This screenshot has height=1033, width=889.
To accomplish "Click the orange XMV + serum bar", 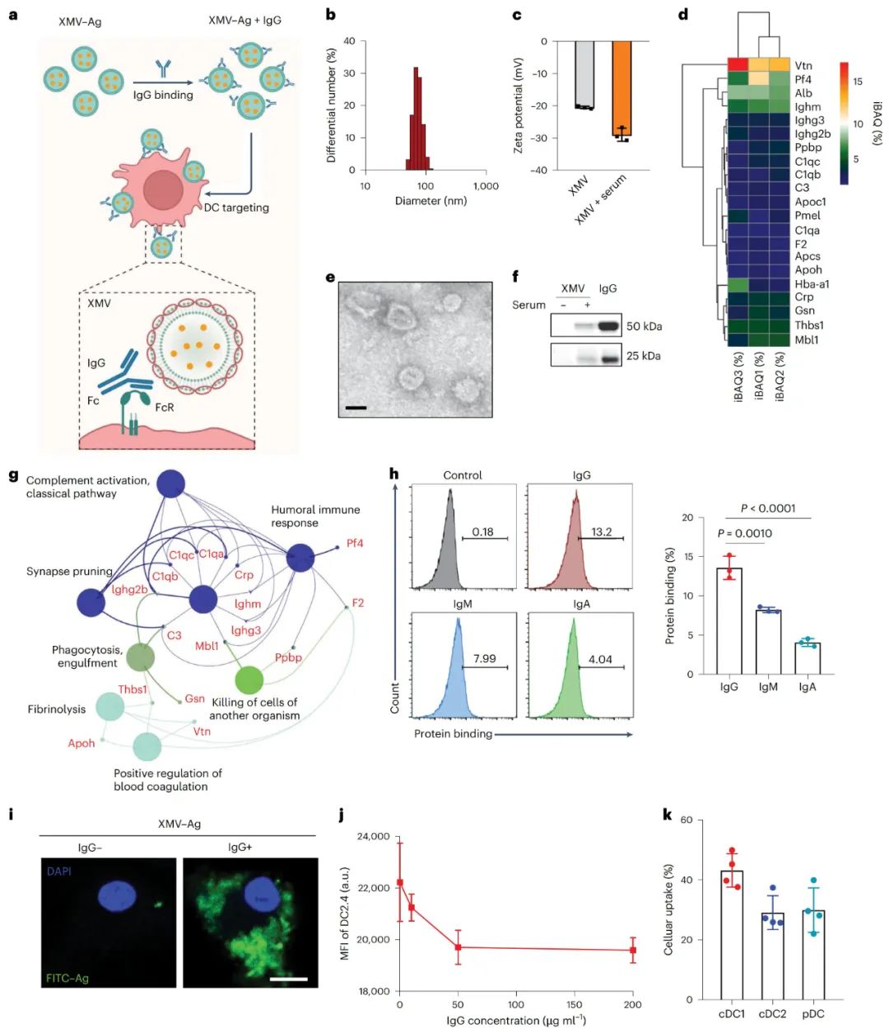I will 621,88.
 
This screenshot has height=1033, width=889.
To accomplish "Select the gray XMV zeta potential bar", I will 584,74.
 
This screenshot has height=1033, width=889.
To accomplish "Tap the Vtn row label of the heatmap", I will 803,66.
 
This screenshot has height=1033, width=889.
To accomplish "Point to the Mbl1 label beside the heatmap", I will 807,339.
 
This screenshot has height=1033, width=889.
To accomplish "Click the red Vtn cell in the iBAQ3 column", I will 738,65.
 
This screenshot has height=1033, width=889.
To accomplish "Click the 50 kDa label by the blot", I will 644,326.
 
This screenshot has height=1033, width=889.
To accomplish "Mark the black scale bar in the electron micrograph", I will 356,407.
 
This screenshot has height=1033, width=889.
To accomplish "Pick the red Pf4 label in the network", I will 355,544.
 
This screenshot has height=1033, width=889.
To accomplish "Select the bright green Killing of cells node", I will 249,680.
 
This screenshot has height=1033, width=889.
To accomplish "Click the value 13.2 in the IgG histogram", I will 602,531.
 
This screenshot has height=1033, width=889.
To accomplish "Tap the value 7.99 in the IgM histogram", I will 485,658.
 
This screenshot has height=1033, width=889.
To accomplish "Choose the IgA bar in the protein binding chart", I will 808,658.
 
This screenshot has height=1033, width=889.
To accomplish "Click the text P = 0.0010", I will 744,533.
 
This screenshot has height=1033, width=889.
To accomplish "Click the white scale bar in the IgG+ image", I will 288,979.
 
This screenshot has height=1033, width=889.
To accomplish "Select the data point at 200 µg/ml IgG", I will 633,950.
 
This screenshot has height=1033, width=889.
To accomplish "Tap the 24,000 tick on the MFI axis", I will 373,837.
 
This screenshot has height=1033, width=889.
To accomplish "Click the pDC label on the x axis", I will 813,1014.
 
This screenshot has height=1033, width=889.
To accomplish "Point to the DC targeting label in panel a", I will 236,208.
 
